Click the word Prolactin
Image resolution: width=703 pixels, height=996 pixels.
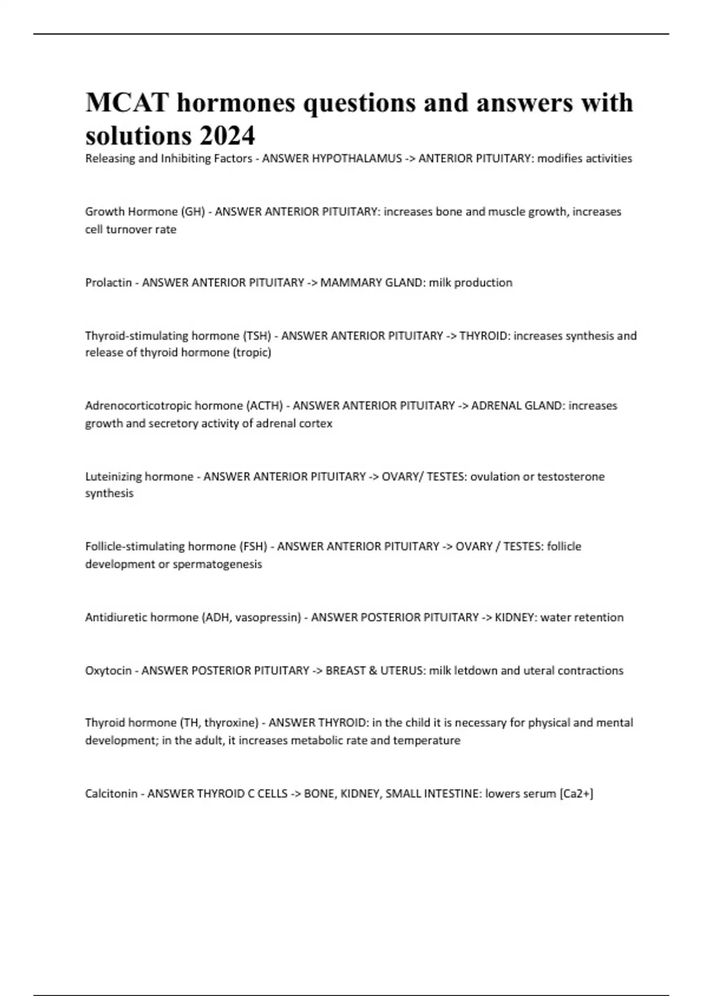coord(108,282)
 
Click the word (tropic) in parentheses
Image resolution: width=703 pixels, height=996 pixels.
coord(252,353)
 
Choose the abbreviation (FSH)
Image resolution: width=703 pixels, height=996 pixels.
coord(253,547)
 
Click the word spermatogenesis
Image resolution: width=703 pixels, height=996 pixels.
coord(218,564)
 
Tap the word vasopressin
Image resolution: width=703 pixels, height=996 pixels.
coord(267,618)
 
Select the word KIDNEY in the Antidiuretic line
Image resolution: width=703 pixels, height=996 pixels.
coord(514,618)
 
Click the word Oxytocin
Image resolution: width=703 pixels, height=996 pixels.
coord(108,670)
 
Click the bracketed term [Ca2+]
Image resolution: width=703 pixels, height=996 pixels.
coord(576,794)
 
